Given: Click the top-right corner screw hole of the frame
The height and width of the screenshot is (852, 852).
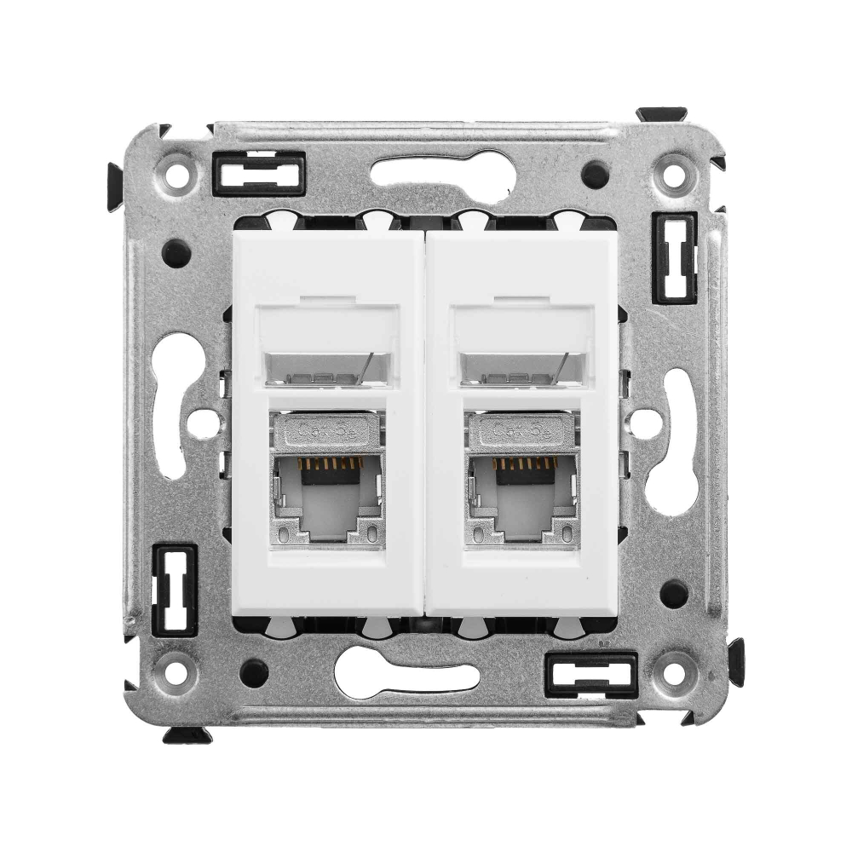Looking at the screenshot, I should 673,177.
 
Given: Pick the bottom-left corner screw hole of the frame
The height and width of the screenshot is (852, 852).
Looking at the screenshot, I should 176,672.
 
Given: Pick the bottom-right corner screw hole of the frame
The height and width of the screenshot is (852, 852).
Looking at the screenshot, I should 674,673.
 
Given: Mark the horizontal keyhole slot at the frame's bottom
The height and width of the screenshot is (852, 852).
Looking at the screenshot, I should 407,677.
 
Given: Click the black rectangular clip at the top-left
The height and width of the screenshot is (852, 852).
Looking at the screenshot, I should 258,174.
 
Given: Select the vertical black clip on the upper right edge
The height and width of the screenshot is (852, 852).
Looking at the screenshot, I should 675,258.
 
